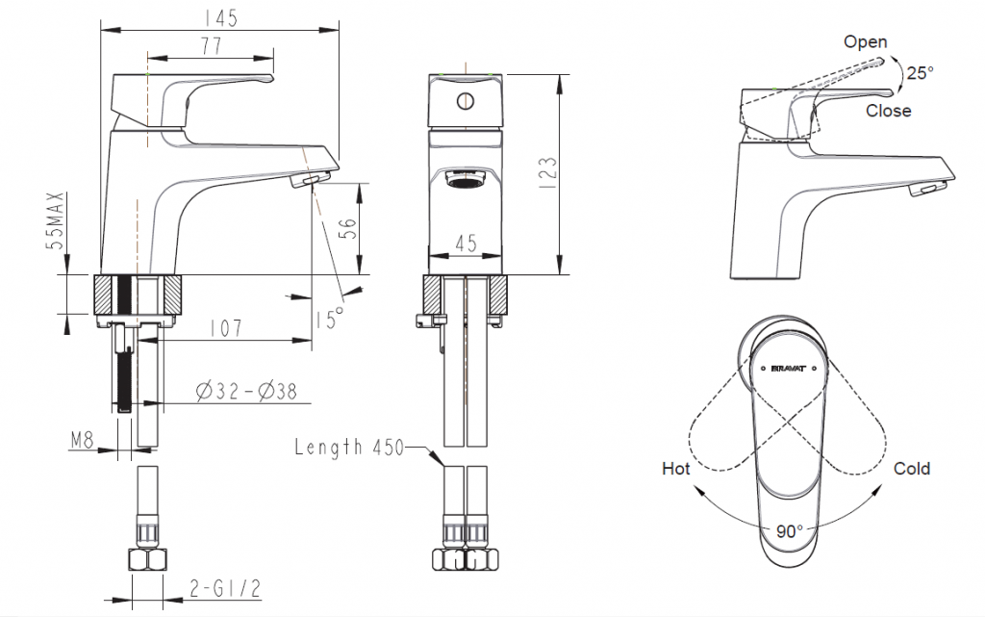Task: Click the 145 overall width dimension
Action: (x=220, y=18)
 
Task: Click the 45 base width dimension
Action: (x=466, y=244)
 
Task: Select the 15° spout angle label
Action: (x=328, y=317)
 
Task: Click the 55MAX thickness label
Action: (x=59, y=222)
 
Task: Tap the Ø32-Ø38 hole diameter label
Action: (x=245, y=391)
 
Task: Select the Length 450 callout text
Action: (x=349, y=447)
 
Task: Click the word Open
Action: (x=865, y=41)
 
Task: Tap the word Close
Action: (x=887, y=111)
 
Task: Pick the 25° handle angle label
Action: (x=919, y=72)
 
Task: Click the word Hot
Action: (x=675, y=469)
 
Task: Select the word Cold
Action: (x=911, y=469)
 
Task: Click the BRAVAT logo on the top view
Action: (x=795, y=367)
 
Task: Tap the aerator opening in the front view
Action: (x=466, y=180)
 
